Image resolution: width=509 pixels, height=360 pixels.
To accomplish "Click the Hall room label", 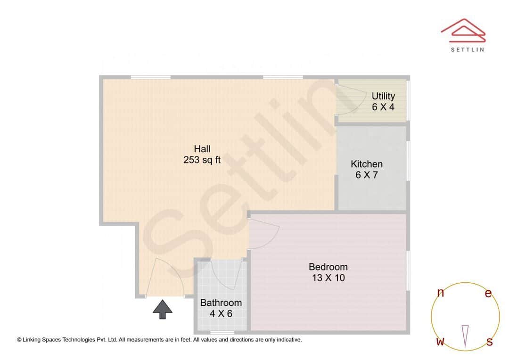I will (202, 149).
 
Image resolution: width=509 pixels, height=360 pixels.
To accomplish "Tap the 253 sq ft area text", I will (202, 160).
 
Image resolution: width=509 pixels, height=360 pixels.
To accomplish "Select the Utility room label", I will (383, 97).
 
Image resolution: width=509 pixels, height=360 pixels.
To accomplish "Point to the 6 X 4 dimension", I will (383, 107).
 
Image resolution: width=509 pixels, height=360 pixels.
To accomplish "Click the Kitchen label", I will (367, 164).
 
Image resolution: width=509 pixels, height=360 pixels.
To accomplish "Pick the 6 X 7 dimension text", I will (367, 175).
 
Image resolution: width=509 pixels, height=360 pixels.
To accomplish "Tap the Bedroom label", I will (328, 267).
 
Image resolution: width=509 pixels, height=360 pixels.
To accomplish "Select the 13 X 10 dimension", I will (328, 278).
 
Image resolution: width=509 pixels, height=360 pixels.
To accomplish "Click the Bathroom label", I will (221, 303).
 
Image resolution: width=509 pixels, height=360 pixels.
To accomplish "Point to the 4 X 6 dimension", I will (221, 313).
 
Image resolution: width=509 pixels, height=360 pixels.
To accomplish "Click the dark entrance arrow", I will (163, 309).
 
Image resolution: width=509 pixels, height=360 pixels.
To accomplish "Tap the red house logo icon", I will (463, 29).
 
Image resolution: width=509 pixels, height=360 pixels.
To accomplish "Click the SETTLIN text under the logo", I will (467, 49).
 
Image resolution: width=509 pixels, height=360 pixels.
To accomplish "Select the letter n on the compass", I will (441, 293).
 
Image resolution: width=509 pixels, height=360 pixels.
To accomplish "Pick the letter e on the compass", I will (488, 294).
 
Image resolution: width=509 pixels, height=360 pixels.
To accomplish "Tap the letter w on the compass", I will (440, 342).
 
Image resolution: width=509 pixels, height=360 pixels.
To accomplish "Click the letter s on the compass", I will (490, 342).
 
